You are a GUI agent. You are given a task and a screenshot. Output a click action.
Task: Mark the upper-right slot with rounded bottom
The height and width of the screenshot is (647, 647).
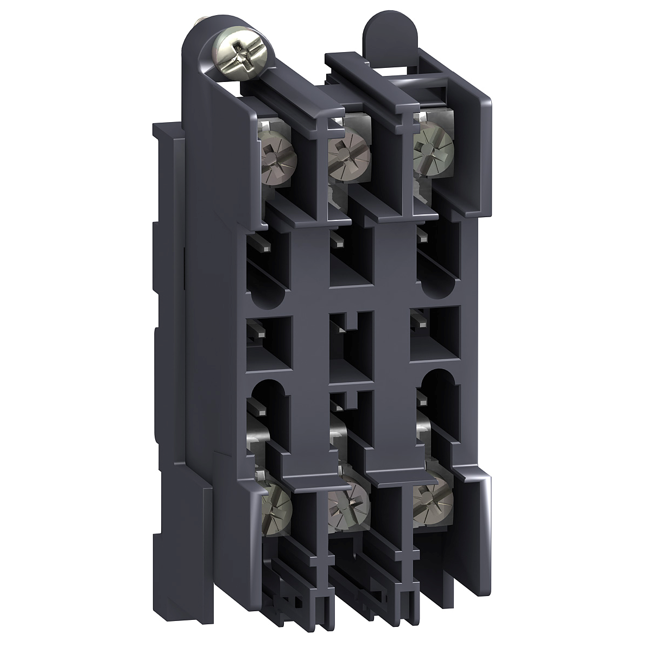(x=439, y=261)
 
